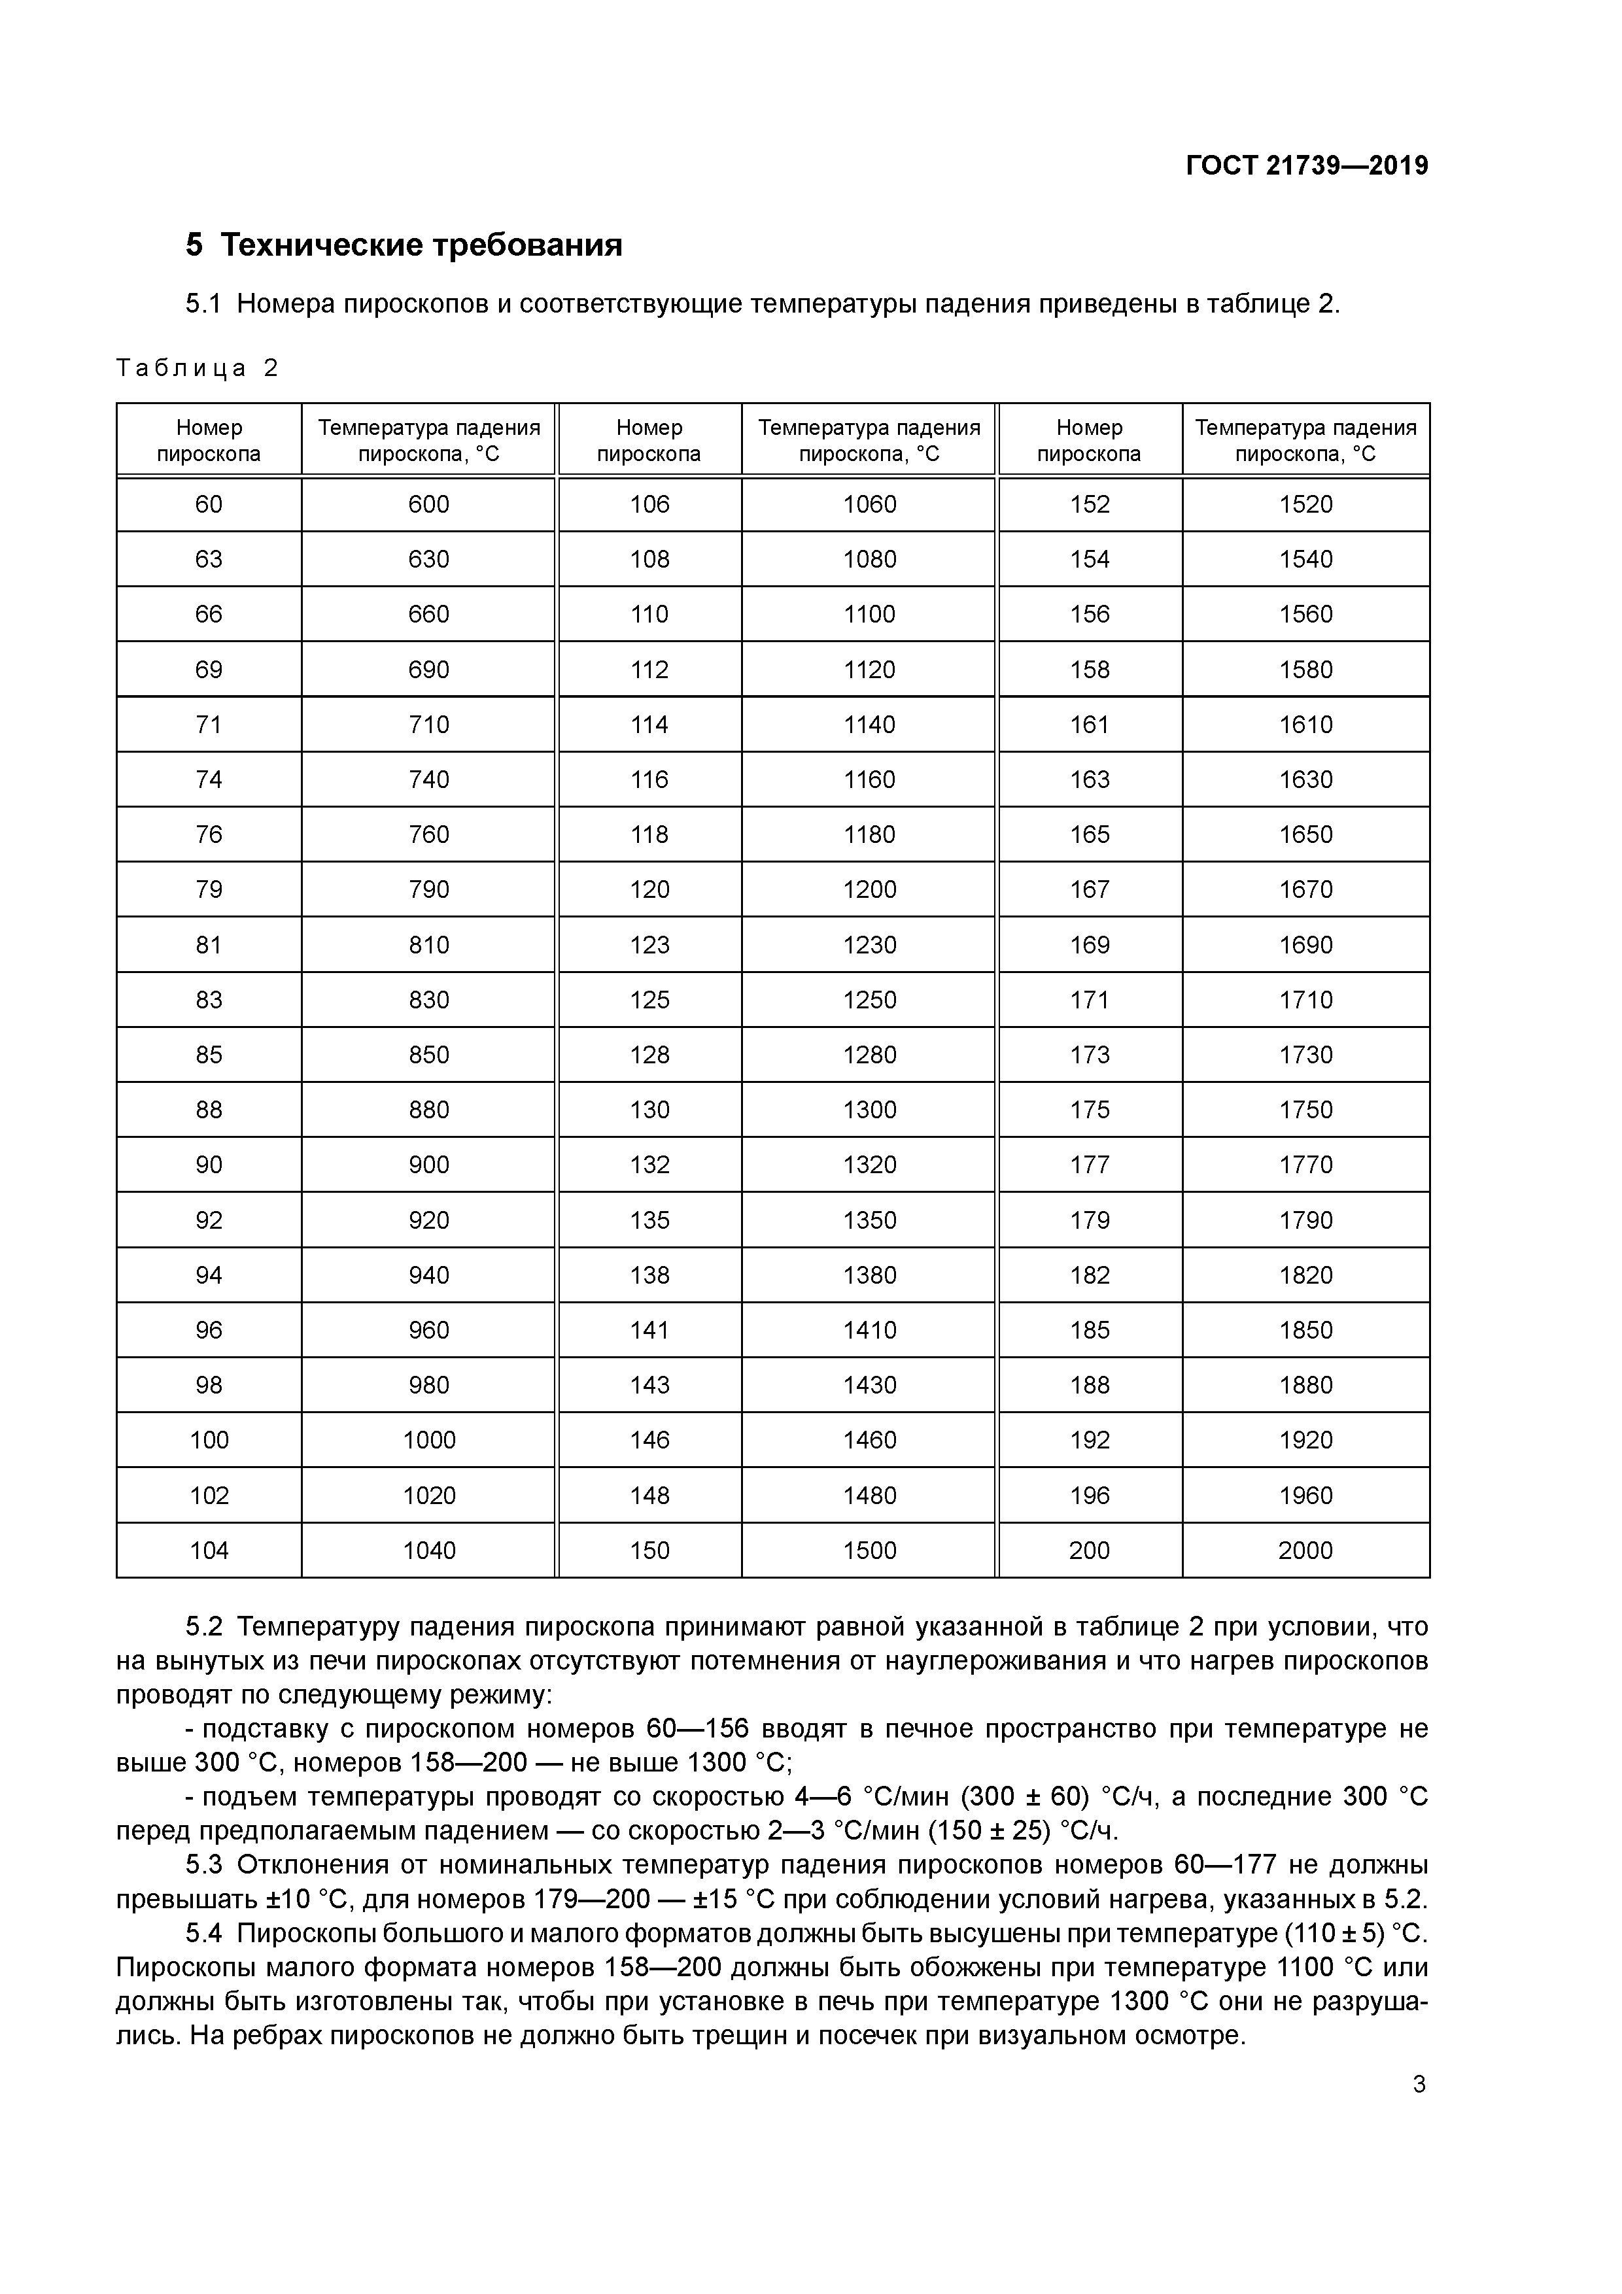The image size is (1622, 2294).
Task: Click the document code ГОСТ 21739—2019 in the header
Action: pyautogui.click(x=1306, y=166)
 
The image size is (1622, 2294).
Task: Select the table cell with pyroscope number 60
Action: pyautogui.click(x=209, y=505)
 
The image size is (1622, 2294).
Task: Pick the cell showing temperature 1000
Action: pyautogui.click(x=429, y=1440)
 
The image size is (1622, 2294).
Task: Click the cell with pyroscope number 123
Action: pyautogui.click(x=649, y=945)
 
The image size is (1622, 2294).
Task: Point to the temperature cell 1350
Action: pyautogui.click(x=869, y=1220)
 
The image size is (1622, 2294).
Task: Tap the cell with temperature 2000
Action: pyautogui.click(x=1305, y=1550)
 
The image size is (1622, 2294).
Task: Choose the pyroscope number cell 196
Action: pyautogui.click(x=1090, y=1496)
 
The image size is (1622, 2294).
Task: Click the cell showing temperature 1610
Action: pyautogui.click(x=1305, y=725)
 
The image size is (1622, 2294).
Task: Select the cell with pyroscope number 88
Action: pyautogui.click(x=209, y=1110)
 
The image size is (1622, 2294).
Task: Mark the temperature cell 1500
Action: pyautogui.click(x=869, y=1550)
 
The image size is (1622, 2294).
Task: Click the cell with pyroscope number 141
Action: pyautogui.click(x=649, y=1330)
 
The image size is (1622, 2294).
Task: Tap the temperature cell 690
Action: pyautogui.click(x=429, y=670)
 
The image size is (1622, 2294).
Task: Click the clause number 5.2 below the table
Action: pyautogui.click(x=204, y=1626)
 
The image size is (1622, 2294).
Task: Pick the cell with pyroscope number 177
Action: pyautogui.click(x=1090, y=1165)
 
